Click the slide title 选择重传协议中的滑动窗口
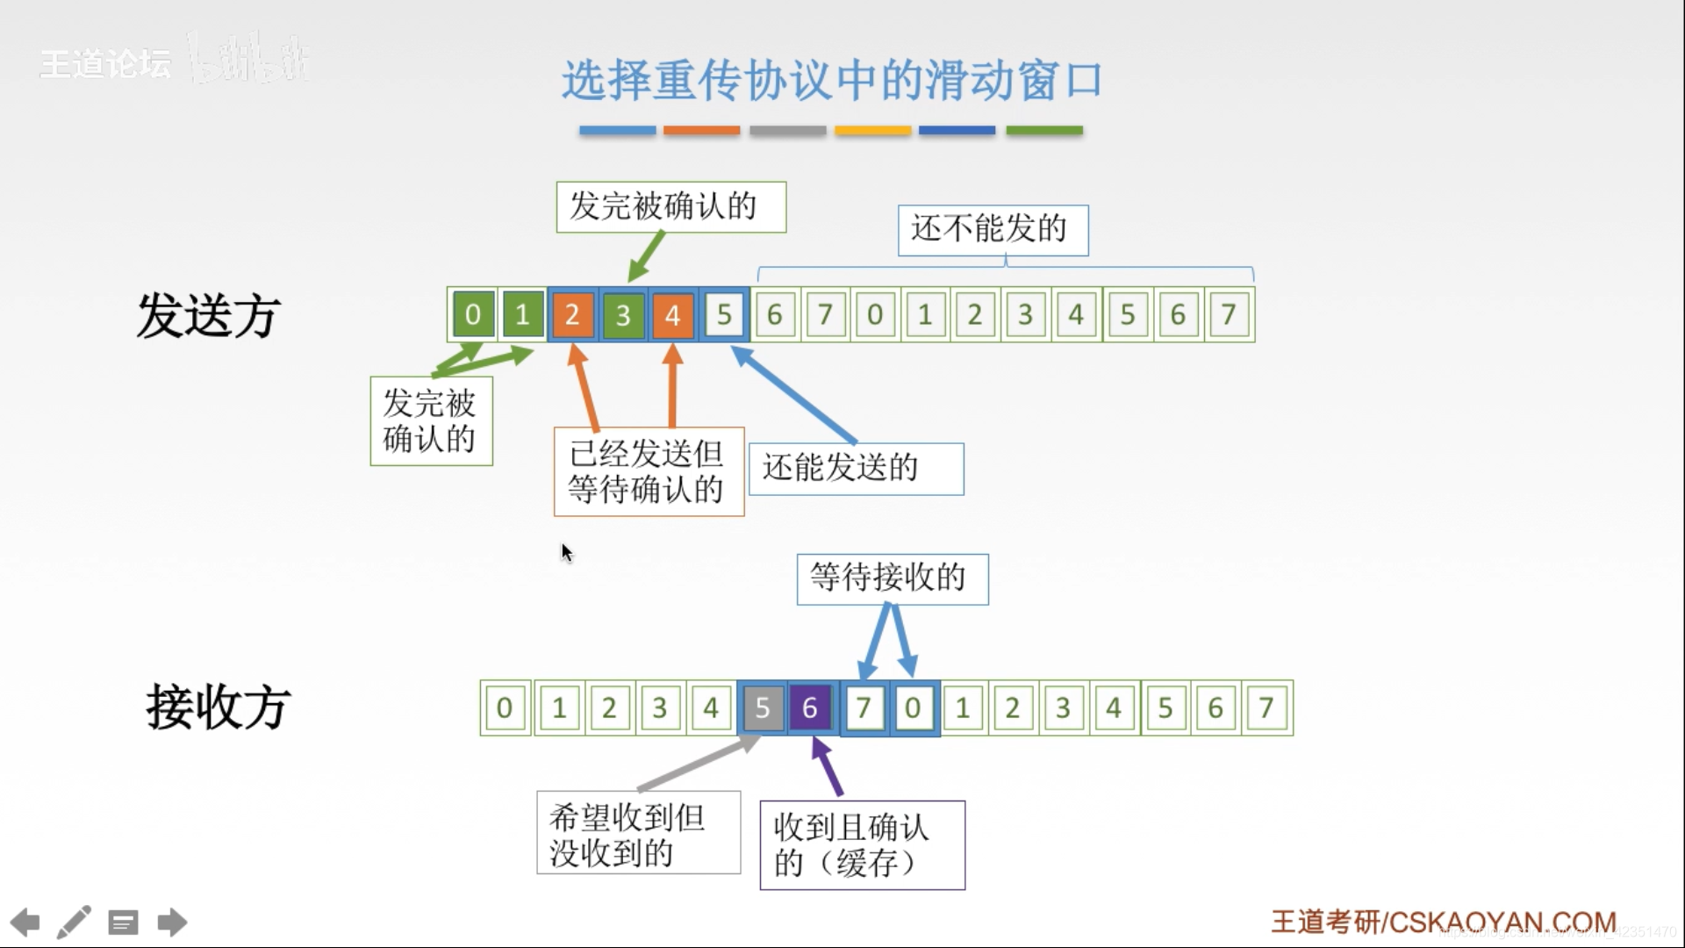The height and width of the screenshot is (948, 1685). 831,81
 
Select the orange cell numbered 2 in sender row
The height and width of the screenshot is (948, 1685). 572,314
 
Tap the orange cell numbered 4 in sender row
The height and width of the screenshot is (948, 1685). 673,314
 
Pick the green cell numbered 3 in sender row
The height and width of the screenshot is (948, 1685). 623,314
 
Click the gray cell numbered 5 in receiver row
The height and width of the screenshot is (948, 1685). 762,707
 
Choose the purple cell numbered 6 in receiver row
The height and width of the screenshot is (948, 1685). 811,707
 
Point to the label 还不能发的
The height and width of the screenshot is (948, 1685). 993,230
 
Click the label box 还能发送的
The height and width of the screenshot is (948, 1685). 856,469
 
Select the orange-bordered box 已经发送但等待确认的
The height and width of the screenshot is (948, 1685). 649,471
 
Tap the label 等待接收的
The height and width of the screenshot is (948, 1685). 892,578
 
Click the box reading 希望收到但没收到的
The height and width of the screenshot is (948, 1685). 638,833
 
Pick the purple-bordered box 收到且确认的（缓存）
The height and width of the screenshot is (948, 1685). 862,844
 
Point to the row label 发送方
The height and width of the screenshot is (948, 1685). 208,316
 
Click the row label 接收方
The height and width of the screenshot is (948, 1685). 218,707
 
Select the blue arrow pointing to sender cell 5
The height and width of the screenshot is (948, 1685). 794,395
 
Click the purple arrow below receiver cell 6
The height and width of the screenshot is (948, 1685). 828,767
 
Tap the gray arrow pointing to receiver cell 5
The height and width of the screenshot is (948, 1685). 698,765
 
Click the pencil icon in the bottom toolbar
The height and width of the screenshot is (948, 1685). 74,923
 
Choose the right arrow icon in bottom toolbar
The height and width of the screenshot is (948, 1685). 172,923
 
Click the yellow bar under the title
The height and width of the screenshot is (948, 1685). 872,131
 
